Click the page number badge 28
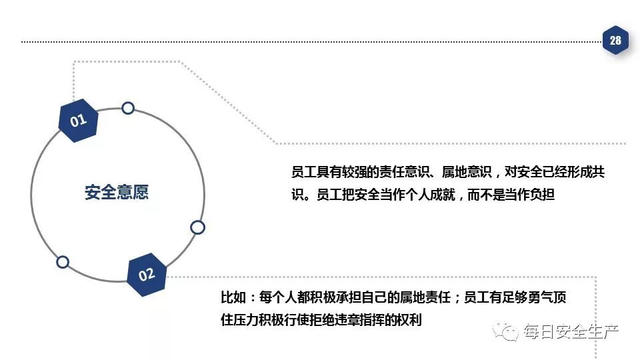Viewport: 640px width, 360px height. [615, 41]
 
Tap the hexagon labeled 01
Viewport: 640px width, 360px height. [79, 120]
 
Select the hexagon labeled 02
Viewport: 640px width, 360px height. [147, 274]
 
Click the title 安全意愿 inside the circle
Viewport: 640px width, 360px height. [117, 193]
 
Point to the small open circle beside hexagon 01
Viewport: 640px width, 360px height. [128, 108]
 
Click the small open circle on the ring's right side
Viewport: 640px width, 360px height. [197, 227]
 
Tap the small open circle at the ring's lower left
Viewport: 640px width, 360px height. [63, 262]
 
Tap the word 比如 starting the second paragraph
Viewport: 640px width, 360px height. [233, 297]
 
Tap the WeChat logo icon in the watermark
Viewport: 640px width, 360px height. [509, 331]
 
